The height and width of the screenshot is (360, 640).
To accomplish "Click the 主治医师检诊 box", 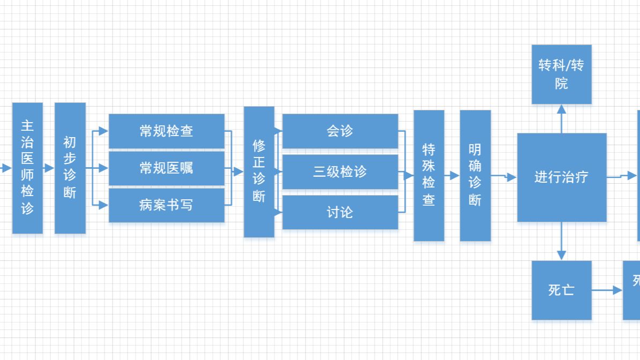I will click(27, 168).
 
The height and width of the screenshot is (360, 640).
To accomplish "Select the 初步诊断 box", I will click(70, 168).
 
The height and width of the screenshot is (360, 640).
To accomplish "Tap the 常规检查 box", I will click(166, 131).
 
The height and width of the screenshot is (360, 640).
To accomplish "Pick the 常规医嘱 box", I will click(166, 168).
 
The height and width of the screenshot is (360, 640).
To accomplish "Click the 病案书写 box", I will click(166, 205).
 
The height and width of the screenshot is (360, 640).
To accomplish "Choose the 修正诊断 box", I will click(259, 171).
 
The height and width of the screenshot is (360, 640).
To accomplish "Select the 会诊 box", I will click(340, 131).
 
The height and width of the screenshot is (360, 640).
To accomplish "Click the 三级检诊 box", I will click(340, 171).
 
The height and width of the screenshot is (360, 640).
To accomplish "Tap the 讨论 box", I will click(340, 212).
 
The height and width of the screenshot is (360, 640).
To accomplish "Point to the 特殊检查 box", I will click(429, 175).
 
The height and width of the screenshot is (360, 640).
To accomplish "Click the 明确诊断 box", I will click(475, 175).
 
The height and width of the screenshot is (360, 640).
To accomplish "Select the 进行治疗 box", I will click(561, 177).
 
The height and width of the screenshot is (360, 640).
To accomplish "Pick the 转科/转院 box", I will click(561, 74).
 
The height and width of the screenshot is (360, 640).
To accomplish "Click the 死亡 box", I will click(561, 290).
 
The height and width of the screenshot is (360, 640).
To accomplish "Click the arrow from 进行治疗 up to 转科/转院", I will click(561, 118).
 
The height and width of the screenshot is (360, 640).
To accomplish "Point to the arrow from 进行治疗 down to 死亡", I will click(561, 241).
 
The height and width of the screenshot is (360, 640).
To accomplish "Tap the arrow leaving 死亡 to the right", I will click(607, 290).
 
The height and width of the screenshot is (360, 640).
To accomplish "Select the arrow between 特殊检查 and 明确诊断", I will click(452, 176).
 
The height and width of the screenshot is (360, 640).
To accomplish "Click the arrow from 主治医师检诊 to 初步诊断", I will click(49, 168).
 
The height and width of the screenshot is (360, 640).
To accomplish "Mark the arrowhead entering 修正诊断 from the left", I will click(239, 172).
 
